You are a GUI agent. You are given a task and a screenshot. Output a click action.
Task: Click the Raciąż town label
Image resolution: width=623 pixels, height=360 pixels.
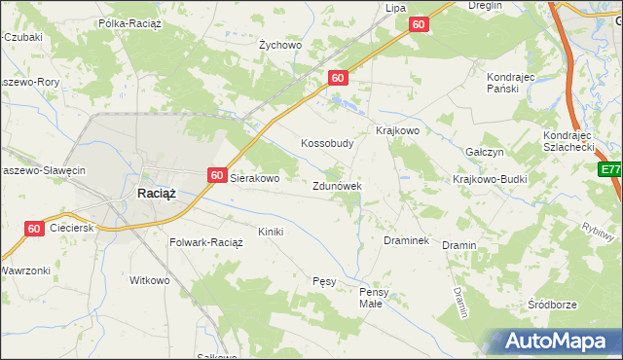tap(155, 193)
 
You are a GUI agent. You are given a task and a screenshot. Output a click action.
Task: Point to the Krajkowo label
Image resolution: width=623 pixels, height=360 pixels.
tap(397, 130)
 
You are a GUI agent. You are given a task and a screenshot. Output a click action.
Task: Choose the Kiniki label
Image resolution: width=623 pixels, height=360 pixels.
tap(270, 232)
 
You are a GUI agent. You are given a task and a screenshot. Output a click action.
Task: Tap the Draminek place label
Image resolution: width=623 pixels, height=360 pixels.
tap(407, 240)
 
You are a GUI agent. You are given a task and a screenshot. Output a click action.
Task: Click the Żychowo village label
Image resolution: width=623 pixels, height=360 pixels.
tap(281, 45)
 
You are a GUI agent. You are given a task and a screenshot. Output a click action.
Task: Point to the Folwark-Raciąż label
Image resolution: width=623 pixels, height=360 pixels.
tap(205, 242)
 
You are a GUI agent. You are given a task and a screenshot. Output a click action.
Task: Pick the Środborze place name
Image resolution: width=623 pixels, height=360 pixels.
tap(552, 305)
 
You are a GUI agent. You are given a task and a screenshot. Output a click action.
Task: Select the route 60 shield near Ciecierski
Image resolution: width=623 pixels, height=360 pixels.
tap(34, 229)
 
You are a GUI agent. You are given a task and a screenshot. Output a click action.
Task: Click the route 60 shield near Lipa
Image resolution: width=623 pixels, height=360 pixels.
tap(419, 24)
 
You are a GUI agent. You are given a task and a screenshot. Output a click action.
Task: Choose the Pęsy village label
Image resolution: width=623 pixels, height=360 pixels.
tap(324, 282)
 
